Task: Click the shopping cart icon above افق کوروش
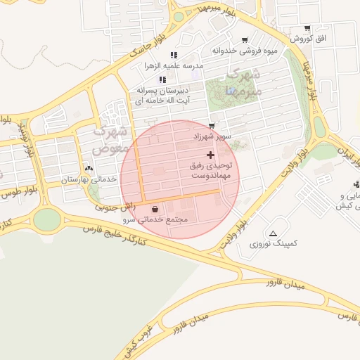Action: coord(307,29)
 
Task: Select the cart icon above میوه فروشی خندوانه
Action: coord(245,40)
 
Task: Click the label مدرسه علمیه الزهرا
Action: coord(173,66)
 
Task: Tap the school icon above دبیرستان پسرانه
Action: coord(162,79)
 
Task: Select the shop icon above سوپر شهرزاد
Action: coord(212,126)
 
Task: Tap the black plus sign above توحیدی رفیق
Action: coord(210,154)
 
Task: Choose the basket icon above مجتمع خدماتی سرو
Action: coord(155,209)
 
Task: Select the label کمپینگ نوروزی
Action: coord(274,243)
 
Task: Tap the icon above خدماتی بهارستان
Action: coord(89,169)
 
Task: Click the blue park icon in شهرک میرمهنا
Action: coord(231,91)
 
